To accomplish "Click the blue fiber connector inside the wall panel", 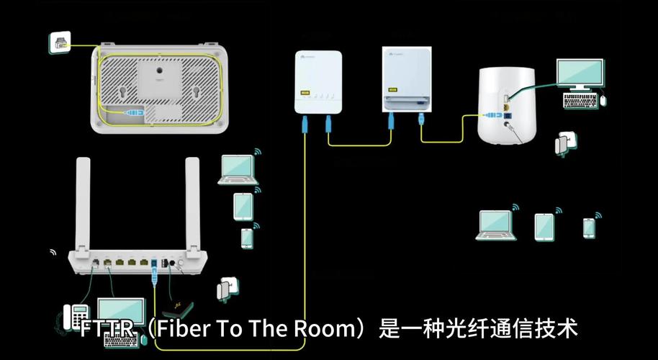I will coord(135,112).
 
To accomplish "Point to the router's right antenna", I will coord(192,202).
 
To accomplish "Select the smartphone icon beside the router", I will coord(247,236).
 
